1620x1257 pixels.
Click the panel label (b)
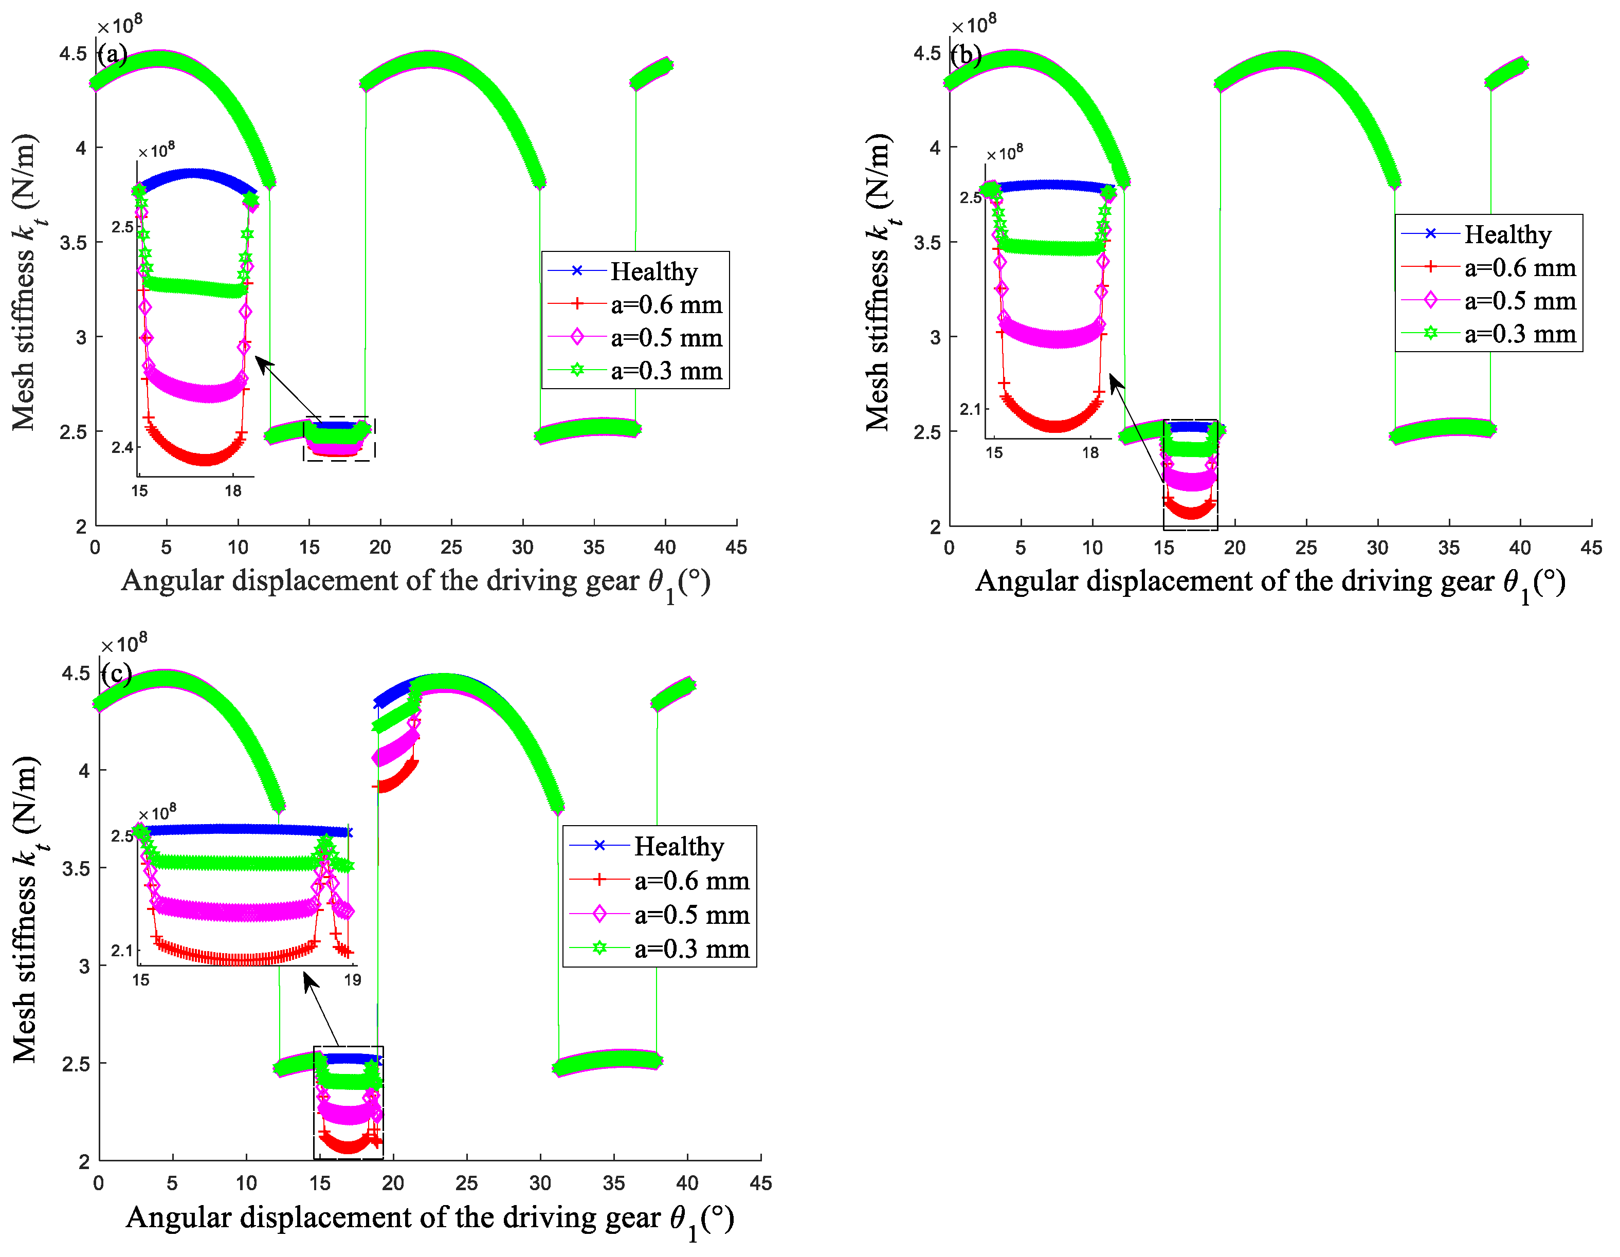tap(967, 55)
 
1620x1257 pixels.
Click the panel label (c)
tap(117, 673)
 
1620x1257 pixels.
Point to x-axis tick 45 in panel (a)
tap(736, 548)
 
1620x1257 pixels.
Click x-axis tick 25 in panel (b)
tap(1305, 548)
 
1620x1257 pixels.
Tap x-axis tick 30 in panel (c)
tap(540, 1183)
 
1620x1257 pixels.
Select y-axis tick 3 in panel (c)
tap(84, 965)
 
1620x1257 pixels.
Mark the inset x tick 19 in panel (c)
tap(352, 980)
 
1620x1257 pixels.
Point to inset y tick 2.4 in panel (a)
tap(122, 447)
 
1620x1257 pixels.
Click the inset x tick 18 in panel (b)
tap(1089, 452)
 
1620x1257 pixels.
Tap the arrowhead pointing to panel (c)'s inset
tap(308, 977)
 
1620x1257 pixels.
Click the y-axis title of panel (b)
tap(880, 282)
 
